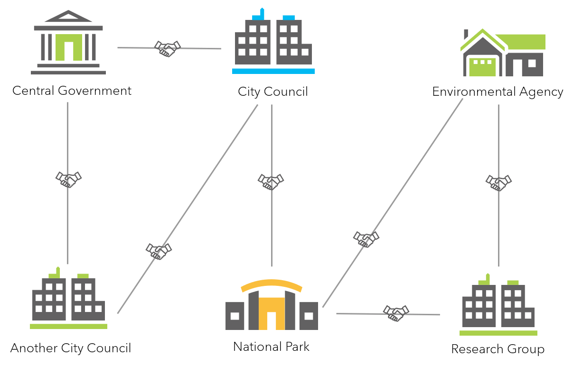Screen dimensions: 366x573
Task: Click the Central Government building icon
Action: coord(68,43)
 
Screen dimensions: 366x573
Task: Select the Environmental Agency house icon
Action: coord(503,53)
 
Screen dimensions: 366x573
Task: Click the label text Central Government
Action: coord(72,91)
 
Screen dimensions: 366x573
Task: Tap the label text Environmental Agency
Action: coord(498,92)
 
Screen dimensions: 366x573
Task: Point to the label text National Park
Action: coord(271,347)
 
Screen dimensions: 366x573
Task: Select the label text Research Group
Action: coord(498,350)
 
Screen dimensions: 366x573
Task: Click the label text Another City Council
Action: coord(71,348)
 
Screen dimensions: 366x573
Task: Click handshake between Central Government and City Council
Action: coord(168,48)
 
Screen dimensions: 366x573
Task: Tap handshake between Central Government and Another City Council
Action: coord(68,179)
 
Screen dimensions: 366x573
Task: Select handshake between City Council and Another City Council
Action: coord(159,250)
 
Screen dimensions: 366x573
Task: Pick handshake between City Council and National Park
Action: coord(271,181)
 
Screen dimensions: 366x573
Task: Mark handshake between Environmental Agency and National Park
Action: coord(366,238)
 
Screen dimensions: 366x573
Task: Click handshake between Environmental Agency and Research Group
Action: coord(498,182)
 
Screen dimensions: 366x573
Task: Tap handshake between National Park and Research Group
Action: coord(396,313)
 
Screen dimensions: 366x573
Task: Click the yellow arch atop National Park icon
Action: coord(272,284)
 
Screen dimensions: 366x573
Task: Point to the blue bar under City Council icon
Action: coord(273,71)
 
